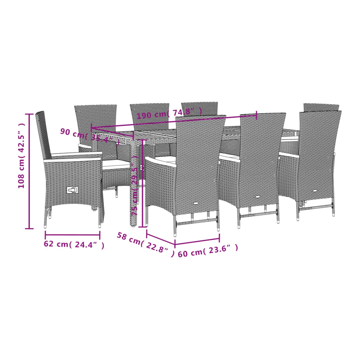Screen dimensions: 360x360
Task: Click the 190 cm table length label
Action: point(170,113)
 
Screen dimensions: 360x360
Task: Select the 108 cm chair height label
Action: point(21,156)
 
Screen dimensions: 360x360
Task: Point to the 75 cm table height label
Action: point(135,186)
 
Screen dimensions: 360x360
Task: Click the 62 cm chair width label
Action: point(74,245)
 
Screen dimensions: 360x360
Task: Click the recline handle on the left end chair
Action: point(73,190)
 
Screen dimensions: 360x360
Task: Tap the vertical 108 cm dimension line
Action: point(29,171)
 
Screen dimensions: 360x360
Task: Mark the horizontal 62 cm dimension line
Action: point(73,235)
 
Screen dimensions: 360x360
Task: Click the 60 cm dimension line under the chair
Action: point(197,241)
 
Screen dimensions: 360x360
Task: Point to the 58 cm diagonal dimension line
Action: point(161,239)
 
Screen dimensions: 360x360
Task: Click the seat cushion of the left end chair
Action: point(116,163)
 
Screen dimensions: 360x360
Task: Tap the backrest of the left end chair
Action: point(44,135)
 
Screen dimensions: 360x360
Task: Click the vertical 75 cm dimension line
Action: point(143,184)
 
